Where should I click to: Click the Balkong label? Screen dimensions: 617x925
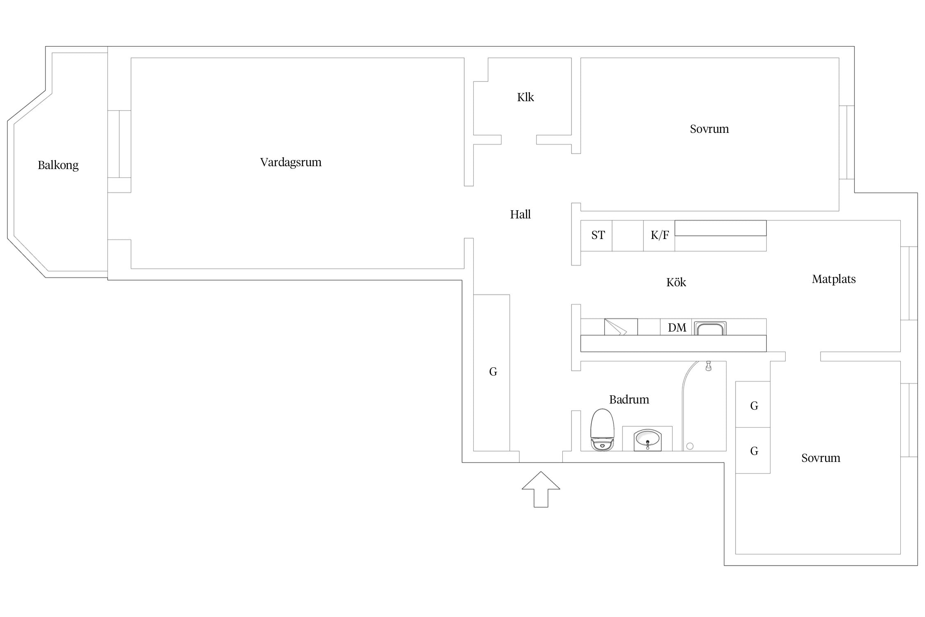pos(58,165)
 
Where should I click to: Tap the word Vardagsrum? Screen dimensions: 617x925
pos(291,162)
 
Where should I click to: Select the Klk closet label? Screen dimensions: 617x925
pos(525,97)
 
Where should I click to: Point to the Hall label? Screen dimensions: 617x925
pos(520,214)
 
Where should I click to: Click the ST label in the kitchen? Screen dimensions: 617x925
pos(598,235)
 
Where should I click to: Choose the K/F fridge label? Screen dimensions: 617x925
pos(659,235)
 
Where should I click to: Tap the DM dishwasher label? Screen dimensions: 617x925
pos(677,328)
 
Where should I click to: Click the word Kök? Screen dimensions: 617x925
pos(676,282)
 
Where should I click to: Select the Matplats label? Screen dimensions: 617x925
pos(833,279)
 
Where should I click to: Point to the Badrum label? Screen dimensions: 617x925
pos(629,399)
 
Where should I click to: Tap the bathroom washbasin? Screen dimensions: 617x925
pos(647,440)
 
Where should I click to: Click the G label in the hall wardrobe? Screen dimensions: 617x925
pos(493,372)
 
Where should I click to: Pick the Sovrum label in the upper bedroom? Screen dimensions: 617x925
pos(709,129)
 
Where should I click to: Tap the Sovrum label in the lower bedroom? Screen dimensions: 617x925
pos(821,458)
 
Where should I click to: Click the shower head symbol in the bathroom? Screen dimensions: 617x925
pos(708,366)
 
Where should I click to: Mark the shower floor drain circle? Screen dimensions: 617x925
pos(690,446)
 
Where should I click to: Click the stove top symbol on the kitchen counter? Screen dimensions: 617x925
pos(621,327)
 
